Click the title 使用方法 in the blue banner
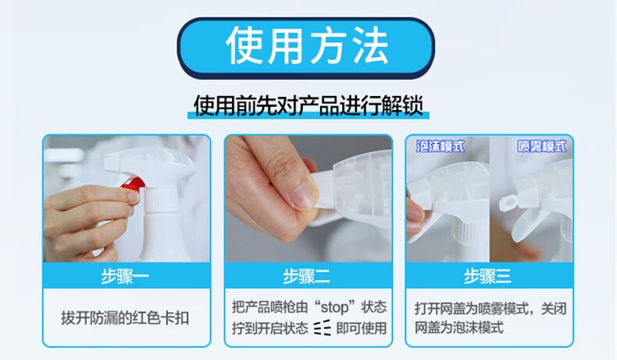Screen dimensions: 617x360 point(307,46)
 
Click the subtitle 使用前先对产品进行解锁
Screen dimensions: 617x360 point(308,105)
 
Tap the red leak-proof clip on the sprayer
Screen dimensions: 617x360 point(133,184)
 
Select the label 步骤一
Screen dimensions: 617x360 point(125,276)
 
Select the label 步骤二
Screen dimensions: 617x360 point(306,276)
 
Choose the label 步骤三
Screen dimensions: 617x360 point(487,276)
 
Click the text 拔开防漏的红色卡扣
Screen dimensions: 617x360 point(125,318)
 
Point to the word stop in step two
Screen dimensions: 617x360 point(334,307)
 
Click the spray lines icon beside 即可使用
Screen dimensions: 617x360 point(323,328)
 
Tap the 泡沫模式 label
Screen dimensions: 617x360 point(440,146)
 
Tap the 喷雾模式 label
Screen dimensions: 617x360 point(542,146)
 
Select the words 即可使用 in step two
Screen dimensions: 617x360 point(362,328)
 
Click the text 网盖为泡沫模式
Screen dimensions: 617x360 point(458,327)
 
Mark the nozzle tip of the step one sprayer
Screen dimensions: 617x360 point(111,162)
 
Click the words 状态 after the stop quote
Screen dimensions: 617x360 point(374,307)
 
